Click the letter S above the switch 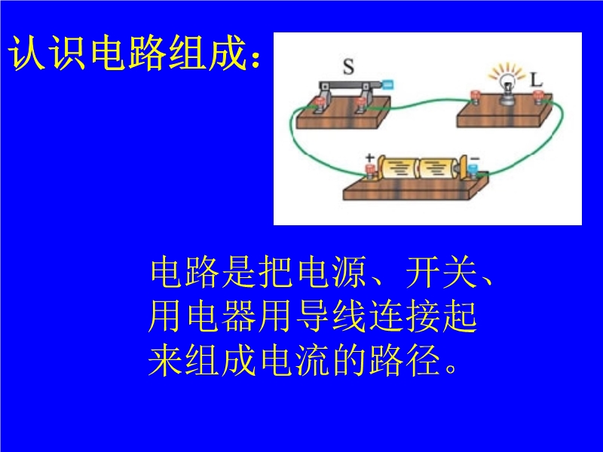(348, 66)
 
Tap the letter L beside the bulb (536, 80)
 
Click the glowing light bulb (507, 86)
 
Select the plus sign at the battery (369, 157)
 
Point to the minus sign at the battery (476, 158)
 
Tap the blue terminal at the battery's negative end (473, 171)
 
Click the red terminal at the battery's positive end (370, 171)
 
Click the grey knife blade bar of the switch (350, 85)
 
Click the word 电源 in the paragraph (332, 273)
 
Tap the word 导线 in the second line (331, 317)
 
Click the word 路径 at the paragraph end (405, 361)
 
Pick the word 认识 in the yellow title (47, 53)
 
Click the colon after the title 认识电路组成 (255, 60)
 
